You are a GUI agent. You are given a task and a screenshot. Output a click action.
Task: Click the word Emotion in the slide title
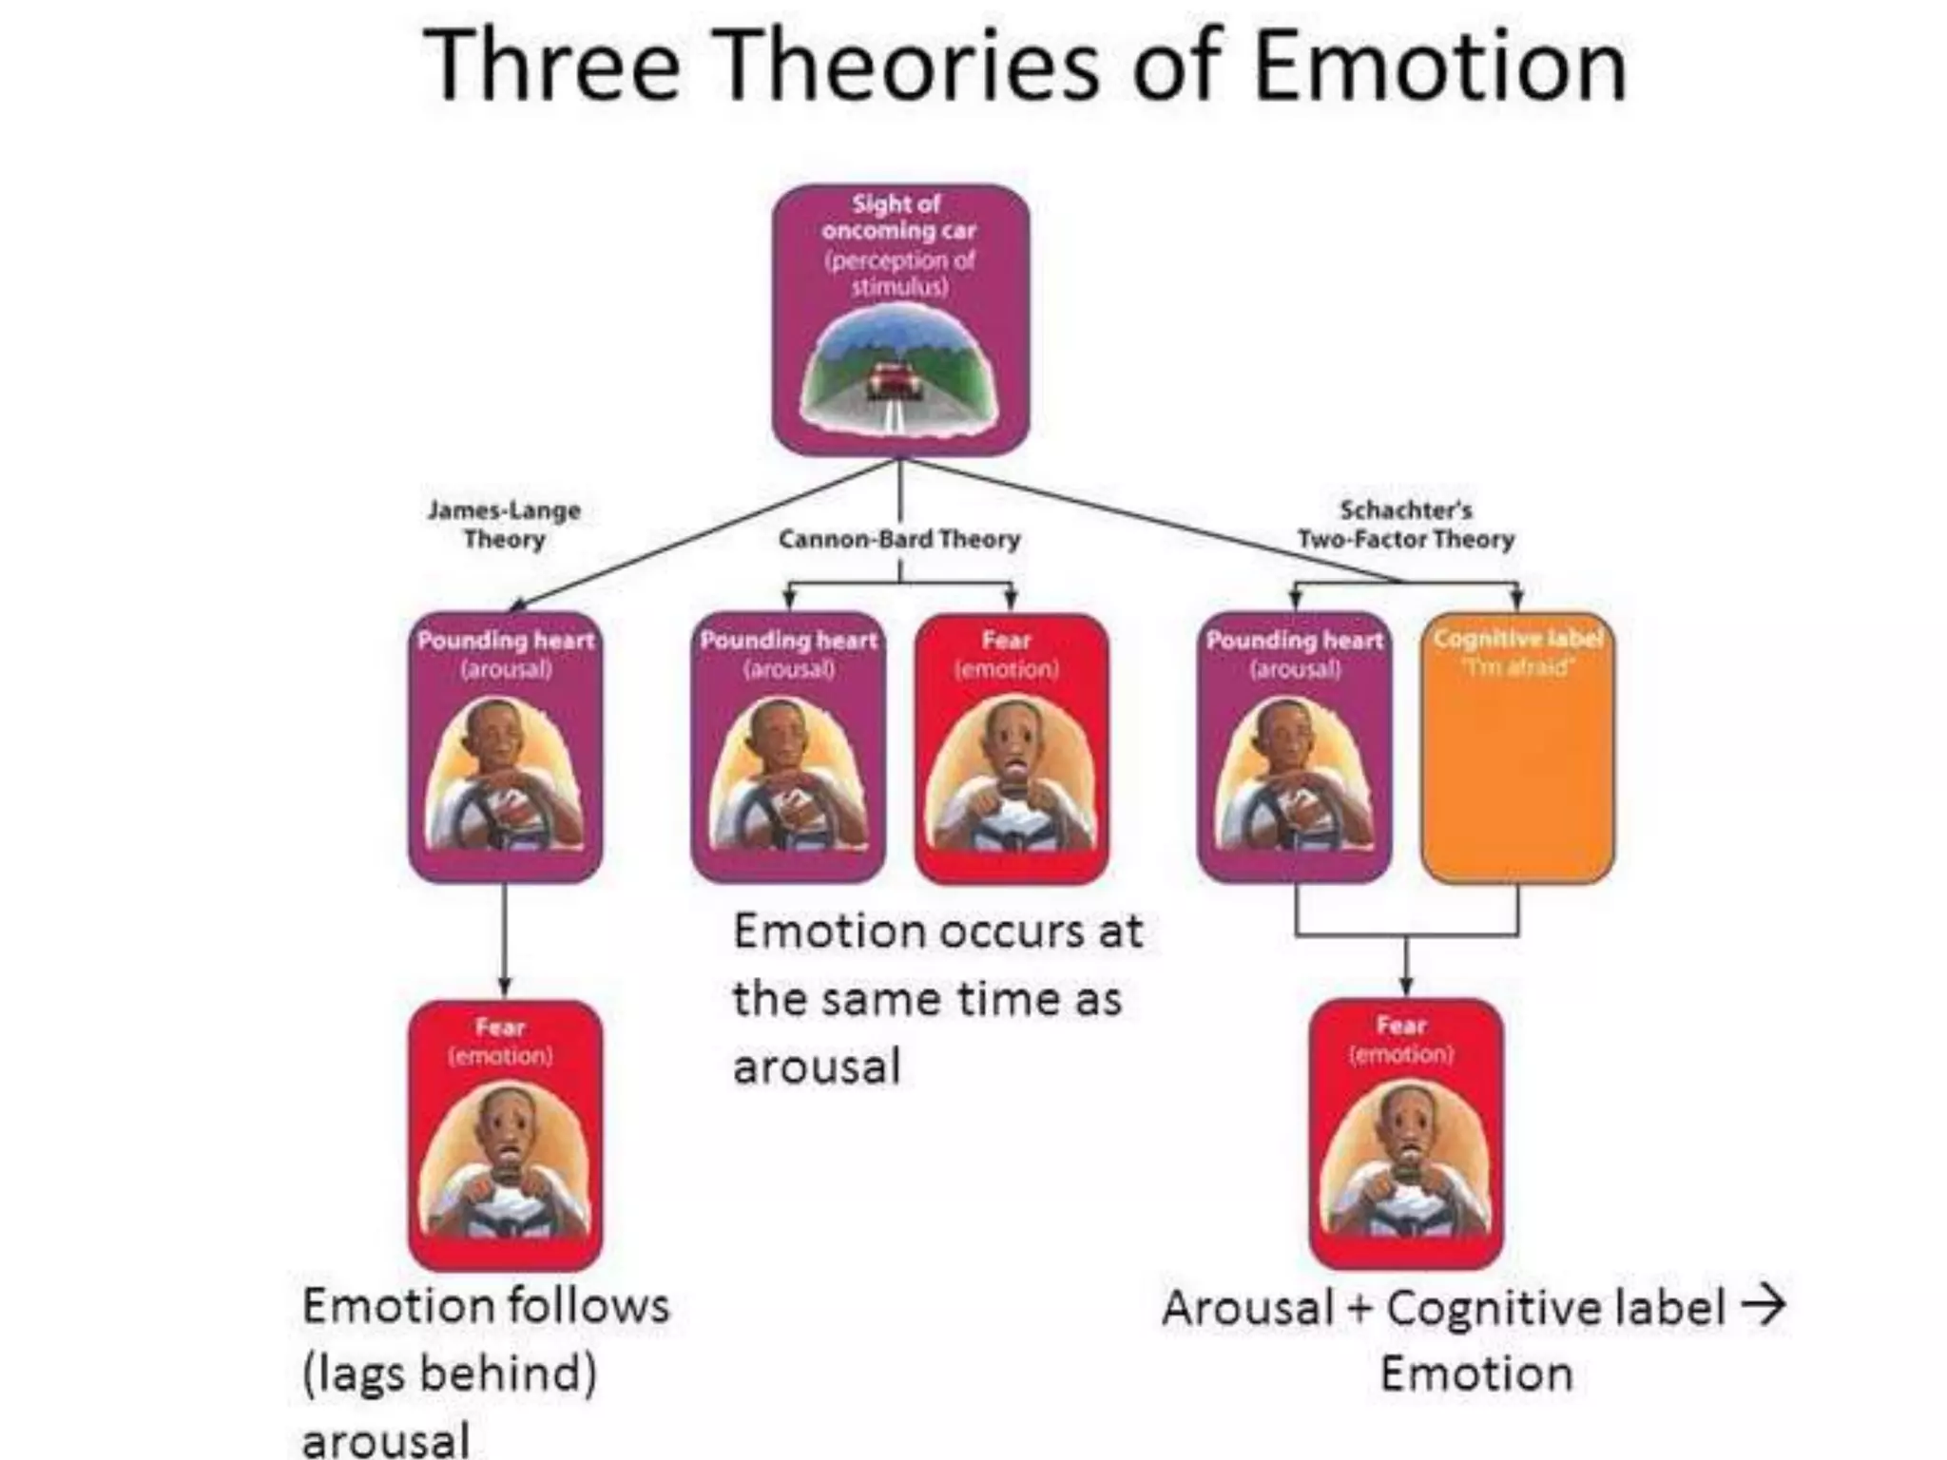click(1439, 67)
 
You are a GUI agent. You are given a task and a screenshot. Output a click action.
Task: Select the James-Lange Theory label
click(504, 525)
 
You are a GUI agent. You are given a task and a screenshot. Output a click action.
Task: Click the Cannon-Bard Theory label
click(898, 539)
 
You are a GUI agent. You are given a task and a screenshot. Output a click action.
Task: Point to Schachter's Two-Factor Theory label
click(1405, 525)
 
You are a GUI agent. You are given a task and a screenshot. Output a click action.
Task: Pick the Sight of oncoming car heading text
click(898, 217)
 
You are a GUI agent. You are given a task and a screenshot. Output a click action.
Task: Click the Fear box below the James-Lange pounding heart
click(505, 1135)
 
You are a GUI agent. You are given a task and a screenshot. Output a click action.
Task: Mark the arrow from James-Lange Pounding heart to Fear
click(505, 941)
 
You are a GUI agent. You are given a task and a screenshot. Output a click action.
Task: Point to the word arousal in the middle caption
click(816, 1066)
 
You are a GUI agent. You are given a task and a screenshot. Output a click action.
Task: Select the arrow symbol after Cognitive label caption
click(1763, 1306)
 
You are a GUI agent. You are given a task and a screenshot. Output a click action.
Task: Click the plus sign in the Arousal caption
click(1359, 1308)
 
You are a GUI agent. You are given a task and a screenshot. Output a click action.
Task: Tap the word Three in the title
click(551, 67)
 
